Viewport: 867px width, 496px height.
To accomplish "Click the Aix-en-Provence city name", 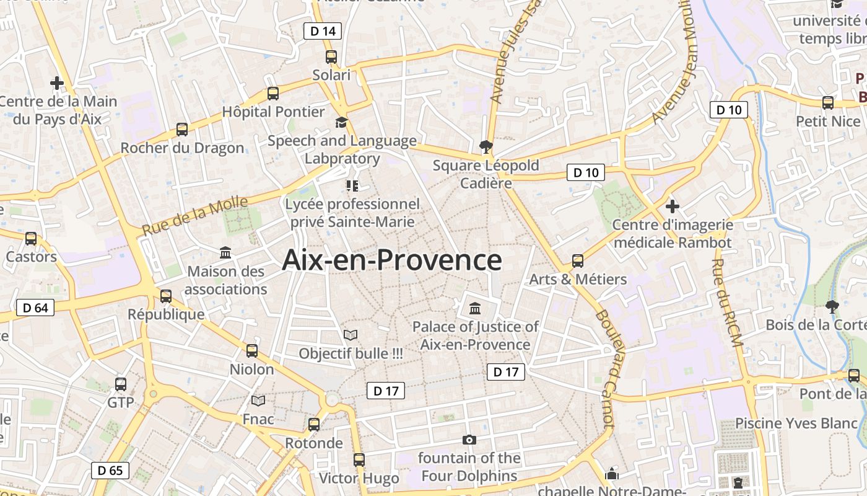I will [391, 260].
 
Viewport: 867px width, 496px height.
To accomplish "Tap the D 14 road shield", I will [323, 31].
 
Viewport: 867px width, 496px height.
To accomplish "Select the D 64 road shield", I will [35, 308].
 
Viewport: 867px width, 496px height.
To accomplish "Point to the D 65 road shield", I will [110, 470].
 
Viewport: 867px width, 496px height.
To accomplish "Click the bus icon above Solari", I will [331, 57].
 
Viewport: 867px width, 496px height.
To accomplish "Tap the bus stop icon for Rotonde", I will [314, 425].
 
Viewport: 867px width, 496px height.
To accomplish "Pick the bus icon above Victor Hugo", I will [359, 460].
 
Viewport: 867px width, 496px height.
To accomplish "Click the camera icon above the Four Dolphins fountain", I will [469, 440].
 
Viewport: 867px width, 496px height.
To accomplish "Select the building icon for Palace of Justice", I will [475, 308].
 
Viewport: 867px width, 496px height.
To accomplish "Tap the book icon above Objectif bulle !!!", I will [351, 335].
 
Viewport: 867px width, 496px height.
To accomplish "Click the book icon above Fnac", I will [258, 401].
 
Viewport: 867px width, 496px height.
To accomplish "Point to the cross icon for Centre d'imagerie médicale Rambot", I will [672, 206].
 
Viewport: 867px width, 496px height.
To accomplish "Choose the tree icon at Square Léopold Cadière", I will [486, 147].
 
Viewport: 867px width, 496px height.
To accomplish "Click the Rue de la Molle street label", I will [195, 215].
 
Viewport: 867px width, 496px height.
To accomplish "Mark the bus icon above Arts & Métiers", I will [578, 261].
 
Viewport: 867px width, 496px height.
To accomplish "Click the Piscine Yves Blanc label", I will [796, 423].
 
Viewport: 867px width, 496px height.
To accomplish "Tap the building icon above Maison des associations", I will [225, 253].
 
